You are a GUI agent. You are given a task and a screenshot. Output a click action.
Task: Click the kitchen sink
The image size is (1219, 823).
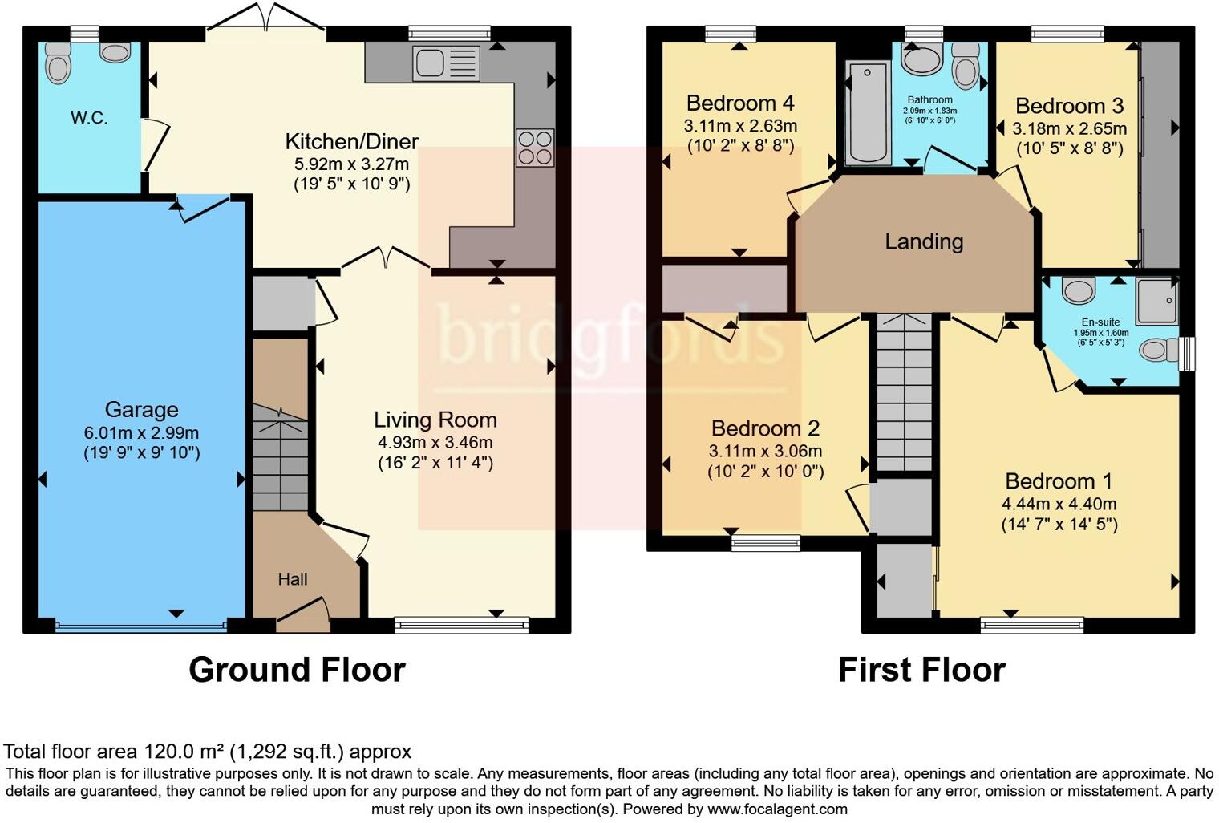click(x=446, y=63)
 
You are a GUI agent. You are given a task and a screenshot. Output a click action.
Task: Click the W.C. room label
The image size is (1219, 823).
click(x=89, y=118)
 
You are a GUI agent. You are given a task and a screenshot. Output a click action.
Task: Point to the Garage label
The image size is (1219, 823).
click(x=141, y=410)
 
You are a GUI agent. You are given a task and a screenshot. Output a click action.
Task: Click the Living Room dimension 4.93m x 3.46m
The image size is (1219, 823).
click(x=435, y=442)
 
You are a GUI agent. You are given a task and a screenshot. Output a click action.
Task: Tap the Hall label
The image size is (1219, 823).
click(x=293, y=579)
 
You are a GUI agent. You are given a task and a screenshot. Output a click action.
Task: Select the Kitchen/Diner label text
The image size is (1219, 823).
click(x=351, y=142)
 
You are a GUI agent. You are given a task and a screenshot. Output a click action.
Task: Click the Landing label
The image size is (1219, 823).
click(x=924, y=241)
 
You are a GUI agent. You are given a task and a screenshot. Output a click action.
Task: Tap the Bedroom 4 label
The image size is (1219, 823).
click(x=740, y=103)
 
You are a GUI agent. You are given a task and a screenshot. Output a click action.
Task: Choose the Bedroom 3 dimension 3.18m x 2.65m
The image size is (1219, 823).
click(x=1069, y=128)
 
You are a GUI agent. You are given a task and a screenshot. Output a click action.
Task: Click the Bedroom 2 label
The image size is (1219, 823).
click(x=765, y=428)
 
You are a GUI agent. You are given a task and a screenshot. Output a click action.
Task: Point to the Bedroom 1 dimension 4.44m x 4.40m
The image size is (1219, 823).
click(x=1059, y=504)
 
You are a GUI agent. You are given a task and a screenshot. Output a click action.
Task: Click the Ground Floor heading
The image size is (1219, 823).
click(x=297, y=670)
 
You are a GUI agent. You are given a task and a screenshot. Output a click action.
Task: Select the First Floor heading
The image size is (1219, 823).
click(x=921, y=670)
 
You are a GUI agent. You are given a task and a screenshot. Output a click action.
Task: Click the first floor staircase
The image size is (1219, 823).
click(x=904, y=393)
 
